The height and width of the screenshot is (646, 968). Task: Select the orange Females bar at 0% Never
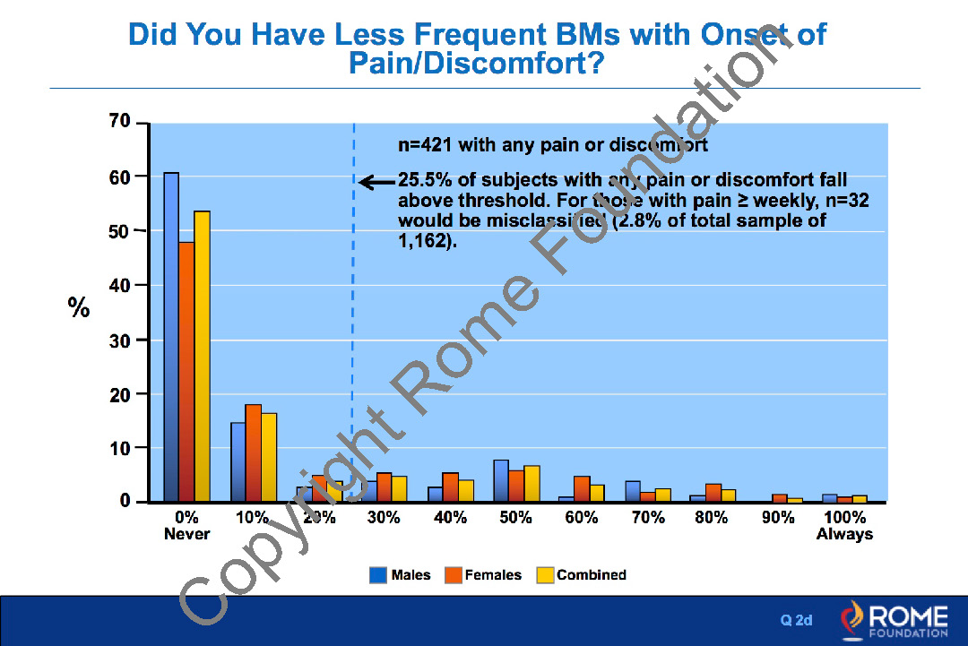186,371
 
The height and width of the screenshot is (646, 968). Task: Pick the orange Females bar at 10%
253,453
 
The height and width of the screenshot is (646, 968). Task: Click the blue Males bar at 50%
501,481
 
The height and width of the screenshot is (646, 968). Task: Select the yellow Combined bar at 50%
532,484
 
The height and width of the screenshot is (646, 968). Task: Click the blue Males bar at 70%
633,491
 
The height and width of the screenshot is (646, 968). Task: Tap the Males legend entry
400,575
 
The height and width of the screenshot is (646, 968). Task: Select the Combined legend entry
582,575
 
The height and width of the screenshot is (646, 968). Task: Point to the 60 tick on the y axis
120,177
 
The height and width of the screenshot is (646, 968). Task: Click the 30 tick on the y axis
120,340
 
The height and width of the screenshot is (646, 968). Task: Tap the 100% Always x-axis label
844,526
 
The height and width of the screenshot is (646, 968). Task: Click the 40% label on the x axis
450,519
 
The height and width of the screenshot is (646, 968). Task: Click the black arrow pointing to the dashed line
376,182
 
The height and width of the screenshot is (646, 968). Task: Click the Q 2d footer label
796,620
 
